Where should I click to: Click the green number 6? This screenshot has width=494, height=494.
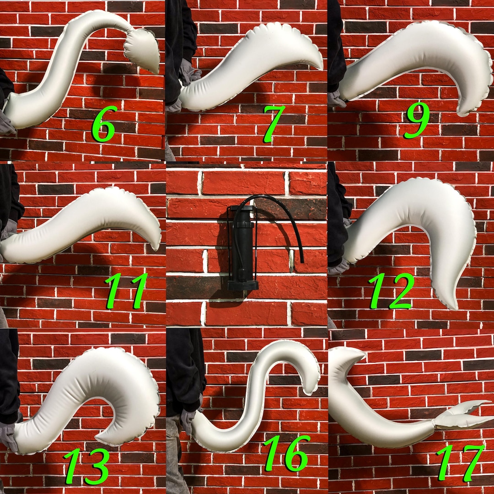click(x=104, y=123)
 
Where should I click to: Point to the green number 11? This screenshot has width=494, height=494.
click(x=126, y=290)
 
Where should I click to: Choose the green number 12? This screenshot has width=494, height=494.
click(x=392, y=290)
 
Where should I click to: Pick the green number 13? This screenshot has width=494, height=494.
click(x=87, y=466)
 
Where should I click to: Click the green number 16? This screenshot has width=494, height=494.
click(x=286, y=453)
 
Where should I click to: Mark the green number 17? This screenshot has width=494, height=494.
click(x=460, y=462)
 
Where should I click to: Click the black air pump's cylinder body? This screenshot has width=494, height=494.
click(x=242, y=247)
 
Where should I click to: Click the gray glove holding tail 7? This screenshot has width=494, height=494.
click(x=188, y=73)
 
